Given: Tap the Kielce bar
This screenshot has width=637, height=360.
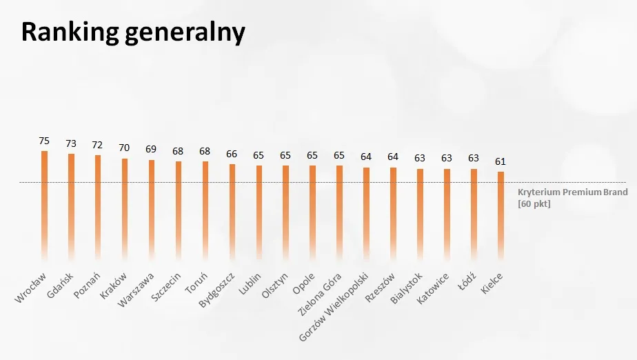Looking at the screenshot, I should (x=501, y=214).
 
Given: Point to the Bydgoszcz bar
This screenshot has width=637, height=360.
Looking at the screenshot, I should (x=232, y=210).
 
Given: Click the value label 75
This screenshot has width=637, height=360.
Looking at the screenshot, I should (x=44, y=140).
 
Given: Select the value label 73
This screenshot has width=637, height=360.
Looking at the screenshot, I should (x=71, y=143).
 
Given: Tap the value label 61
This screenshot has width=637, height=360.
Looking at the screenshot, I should (x=501, y=161).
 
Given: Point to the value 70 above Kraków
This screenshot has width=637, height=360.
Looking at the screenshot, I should (x=125, y=148).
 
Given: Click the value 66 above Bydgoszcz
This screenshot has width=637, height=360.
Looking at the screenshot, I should (x=232, y=154).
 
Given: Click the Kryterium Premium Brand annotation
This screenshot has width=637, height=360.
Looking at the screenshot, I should (x=572, y=192).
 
